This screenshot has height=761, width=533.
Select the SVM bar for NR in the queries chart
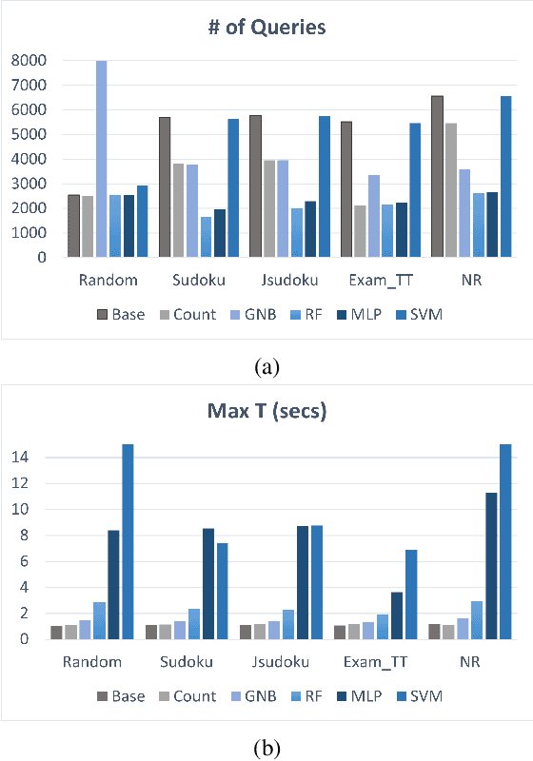(505, 176)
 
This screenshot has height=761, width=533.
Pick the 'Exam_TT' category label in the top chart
(378, 281)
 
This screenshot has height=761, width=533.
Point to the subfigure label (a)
(266, 363)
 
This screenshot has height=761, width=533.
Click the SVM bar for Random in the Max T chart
(127, 541)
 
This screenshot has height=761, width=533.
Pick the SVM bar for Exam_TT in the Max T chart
(411, 595)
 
